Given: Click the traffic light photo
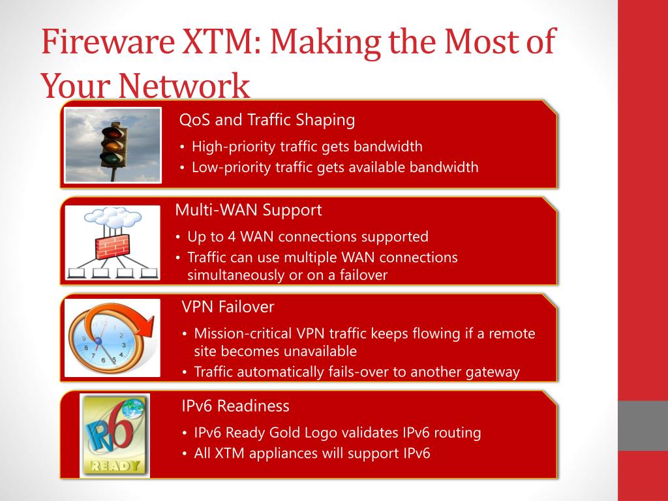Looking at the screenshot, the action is coord(113,145).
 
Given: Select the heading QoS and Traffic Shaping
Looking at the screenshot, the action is coord(267,120).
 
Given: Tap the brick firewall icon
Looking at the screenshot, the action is coord(113,247).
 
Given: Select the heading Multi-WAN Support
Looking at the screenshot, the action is coord(248,210).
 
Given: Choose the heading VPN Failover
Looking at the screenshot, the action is coord(228,307).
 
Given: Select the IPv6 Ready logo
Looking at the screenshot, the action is coord(114,435).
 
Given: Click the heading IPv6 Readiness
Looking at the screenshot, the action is coord(235,406).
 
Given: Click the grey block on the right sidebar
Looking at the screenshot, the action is coord(643,425).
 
